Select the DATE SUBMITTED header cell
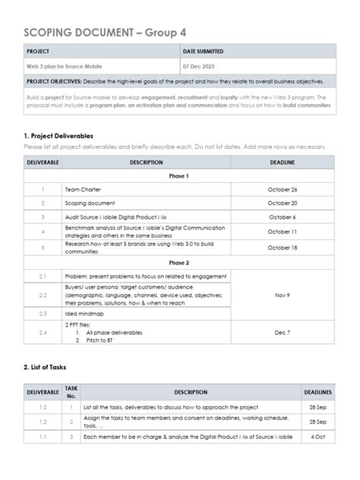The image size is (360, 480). pos(204,52)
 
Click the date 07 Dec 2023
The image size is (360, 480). pos(201,66)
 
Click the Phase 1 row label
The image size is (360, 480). pos(178,175)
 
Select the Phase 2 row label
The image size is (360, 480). pos(178,261)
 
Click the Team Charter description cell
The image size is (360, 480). pos(83,189)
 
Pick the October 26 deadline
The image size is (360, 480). pos(282,189)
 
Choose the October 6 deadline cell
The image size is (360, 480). pos(282,216)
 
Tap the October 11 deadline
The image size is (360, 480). pos(282,231)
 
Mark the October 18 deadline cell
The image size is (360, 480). pos(282,247)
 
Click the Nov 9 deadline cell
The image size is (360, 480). pos(282,295)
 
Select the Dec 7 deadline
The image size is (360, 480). pos(282,332)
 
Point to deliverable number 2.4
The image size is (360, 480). pos(43,332)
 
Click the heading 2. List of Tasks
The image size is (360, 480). pos(45,367)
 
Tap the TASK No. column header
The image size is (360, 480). pos(71,392)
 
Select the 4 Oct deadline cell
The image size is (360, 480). pos(317,437)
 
